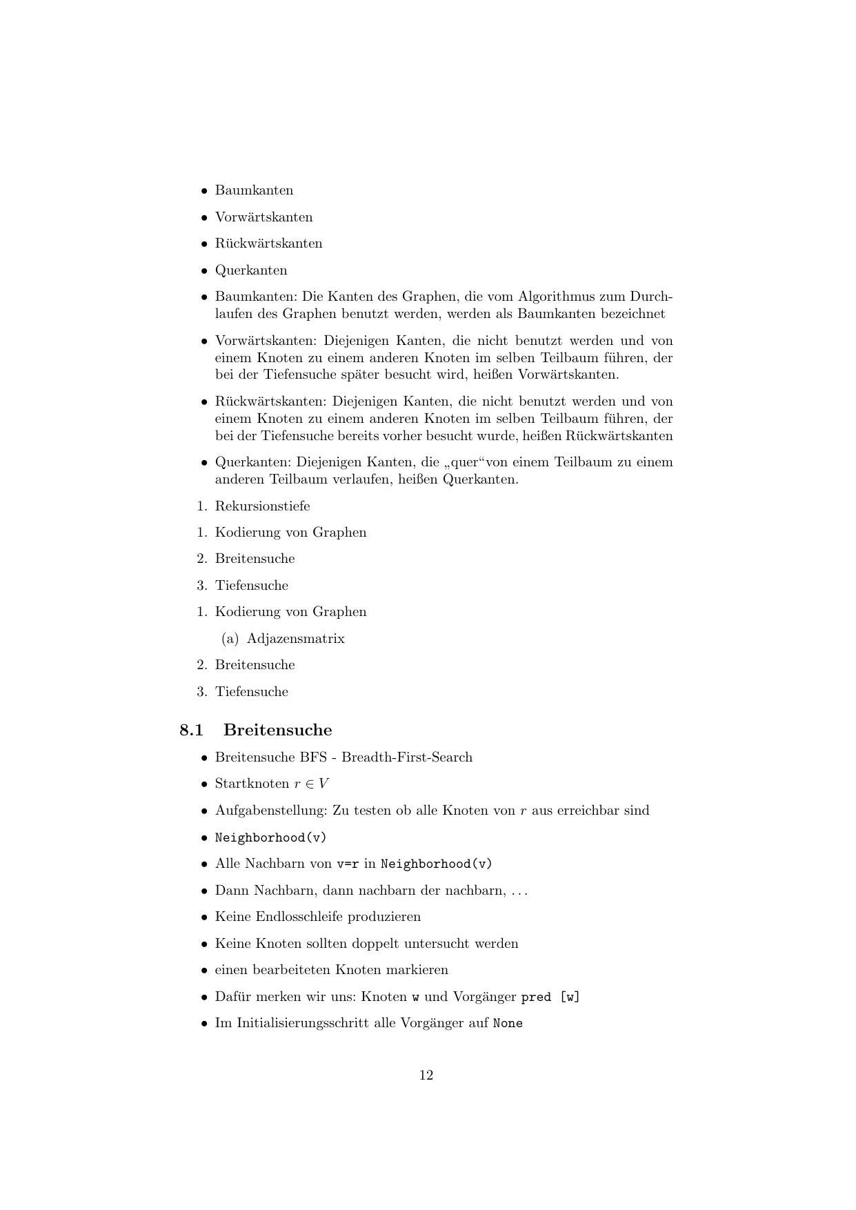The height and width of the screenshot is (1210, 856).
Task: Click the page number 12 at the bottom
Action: pos(426,1075)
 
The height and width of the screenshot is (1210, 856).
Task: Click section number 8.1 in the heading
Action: pos(191,730)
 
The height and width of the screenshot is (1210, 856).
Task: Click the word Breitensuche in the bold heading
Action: pos(277,730)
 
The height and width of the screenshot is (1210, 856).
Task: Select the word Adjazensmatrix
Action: pos(295,639)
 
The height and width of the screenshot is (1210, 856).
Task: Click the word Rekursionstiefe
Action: pos(262,506)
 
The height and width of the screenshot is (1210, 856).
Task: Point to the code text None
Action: pos(508,1024)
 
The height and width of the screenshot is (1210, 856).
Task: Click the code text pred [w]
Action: pos(550,998)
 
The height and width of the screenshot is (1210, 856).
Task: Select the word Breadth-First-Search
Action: pos(406,757)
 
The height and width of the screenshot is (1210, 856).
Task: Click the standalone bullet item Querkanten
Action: pos(251,270)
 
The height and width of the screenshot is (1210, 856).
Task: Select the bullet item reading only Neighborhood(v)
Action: pos(270,837)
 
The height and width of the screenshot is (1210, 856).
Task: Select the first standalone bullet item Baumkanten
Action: pos(254,190)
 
